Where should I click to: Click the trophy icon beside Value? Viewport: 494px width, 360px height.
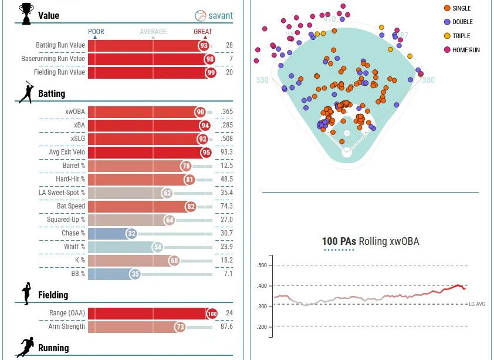click(26, 14)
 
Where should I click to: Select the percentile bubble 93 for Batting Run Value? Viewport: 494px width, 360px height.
click(204, 45)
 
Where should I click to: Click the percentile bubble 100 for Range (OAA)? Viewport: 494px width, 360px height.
click(212, 314)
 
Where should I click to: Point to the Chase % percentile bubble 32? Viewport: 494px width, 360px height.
click(131, 233)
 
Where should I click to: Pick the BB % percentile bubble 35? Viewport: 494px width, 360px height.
click(135, 274)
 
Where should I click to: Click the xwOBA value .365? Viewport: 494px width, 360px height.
click(226, 112)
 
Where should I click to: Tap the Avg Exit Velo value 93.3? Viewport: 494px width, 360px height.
click(226, 152)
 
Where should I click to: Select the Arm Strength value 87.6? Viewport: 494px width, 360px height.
click(226, 327)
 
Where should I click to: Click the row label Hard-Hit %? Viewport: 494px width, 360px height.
click(70, 179)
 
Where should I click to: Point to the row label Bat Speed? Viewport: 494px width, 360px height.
click(71, 206)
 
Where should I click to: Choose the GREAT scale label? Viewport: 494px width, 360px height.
click(203, 32)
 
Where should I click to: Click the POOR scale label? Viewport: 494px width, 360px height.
click(96, 32)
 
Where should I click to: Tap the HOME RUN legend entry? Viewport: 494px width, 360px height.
click(466, 50)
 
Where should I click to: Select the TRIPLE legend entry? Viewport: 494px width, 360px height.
click(461, 36)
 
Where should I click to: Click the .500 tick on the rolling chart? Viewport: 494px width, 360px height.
click(262, 265)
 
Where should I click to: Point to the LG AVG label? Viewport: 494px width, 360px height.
click(477, 304)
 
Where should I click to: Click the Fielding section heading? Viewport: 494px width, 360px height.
click(53, 295)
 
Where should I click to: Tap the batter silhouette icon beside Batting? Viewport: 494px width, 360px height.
click(26, 93)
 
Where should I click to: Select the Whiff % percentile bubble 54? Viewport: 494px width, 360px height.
click(157, 247)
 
